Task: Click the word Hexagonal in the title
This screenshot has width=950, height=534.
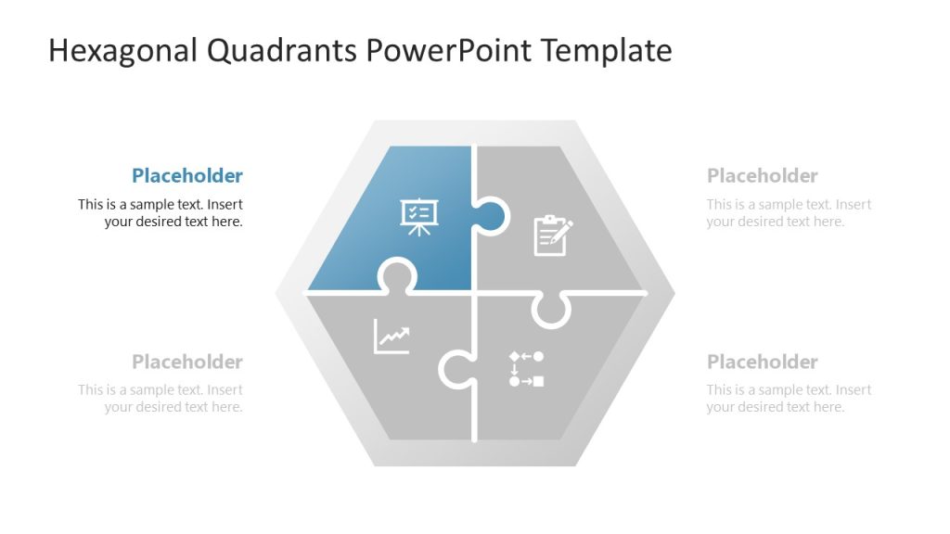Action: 122,50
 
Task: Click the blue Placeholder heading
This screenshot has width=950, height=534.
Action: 186,176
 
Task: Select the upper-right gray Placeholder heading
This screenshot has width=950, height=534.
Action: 762,176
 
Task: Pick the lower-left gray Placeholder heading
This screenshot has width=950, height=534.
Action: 186,362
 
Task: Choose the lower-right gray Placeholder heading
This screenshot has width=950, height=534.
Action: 762,362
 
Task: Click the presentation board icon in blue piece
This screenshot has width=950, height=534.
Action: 418,216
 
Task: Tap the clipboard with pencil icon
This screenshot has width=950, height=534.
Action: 553,235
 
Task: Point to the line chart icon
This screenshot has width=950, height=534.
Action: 392,336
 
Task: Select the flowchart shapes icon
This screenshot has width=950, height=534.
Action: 526,368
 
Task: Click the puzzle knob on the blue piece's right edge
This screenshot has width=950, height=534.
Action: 493,218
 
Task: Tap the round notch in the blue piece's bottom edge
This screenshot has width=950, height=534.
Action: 397,276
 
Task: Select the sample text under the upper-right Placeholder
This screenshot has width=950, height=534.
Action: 789,213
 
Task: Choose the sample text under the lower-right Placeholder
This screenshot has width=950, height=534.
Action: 789,399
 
